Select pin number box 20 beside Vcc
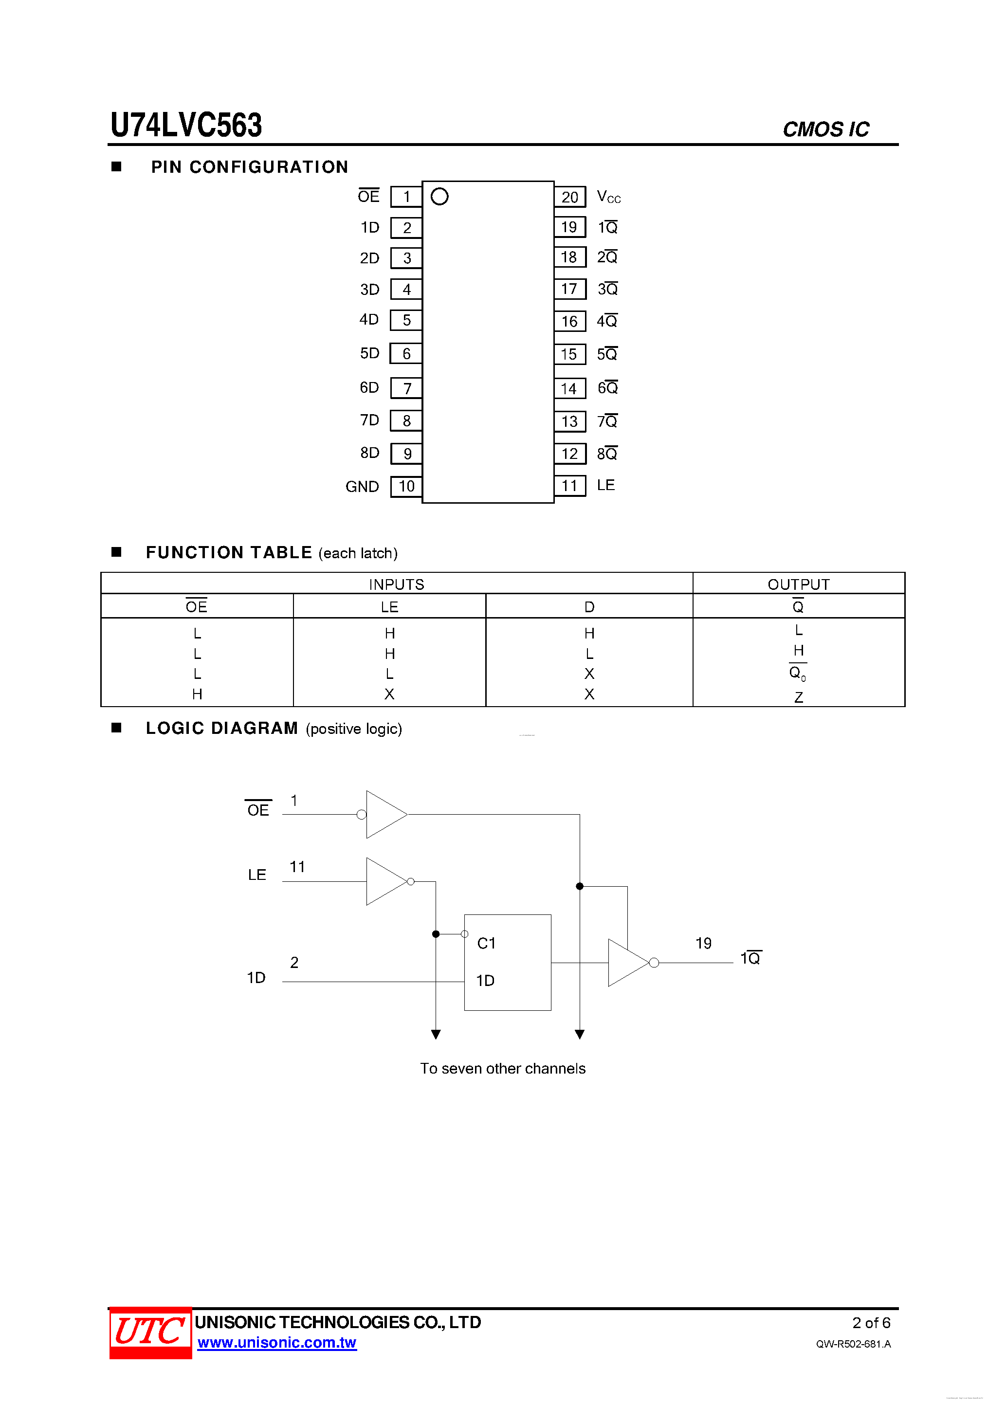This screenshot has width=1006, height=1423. [x=569, y=197]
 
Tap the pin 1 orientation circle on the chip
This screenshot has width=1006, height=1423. [x=439, y=197]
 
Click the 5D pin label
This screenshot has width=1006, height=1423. [x=369, y=353]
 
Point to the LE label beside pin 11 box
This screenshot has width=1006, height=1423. [x=605, y=485]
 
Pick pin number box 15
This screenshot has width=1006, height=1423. [x=569, y=354]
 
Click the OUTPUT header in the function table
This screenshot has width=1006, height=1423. [x=798, y=584]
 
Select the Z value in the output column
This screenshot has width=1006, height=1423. [x=798, y=697]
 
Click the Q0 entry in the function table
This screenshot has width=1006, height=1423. [x=797, y=674]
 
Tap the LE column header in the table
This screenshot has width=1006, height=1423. [x=389, y=607]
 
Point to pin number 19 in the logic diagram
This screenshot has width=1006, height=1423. [x=703, y=943]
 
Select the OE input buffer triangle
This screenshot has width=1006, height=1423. [x=384, y=814]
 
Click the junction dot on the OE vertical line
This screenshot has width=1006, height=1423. [x=580, y=886]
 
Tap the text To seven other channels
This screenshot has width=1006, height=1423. [x=503, y=1069]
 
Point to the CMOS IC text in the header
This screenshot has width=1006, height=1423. [x=825, y=129]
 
